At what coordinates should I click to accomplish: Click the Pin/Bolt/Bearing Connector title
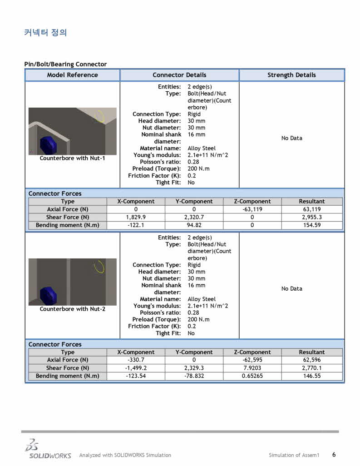coord(65,64)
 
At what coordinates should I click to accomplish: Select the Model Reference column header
coord(72,75)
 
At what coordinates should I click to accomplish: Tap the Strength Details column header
coord(291,75)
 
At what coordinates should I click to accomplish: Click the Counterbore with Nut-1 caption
coord(72,159)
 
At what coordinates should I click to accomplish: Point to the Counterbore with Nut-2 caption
coord(72,309)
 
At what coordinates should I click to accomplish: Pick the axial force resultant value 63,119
coord(312,209)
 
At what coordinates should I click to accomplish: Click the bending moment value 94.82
coord(194,225)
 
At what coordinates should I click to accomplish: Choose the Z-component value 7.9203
coord(252,368)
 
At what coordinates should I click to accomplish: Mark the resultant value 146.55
coord(312,376)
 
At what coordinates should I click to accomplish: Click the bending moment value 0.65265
coord(252,376)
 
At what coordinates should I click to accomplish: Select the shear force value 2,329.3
coord(194,368)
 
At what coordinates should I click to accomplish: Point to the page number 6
coord(334,455)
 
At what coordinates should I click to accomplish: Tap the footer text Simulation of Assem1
coord(294,455)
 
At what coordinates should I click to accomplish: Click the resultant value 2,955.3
coord(312,217)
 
